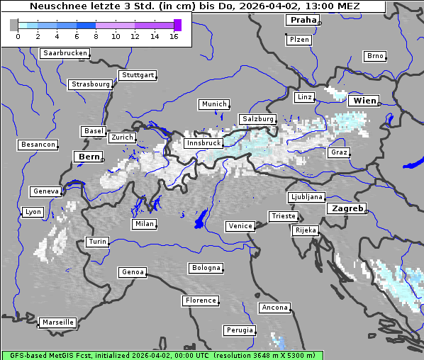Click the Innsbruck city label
click(x=203, y=143)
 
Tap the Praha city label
click(x=303, y=20)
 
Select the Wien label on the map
click(x=365, y=101)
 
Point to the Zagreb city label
click(x=347, y=208)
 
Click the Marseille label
click(x=57, y=322)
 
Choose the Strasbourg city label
click(x=91, y=84)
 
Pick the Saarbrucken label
click(x=65, y=53)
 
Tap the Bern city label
click(x=89, y=156)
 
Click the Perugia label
click(x=240, y=330)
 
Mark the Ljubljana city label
click(x=306, y=197)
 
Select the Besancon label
click(x=38, y=145)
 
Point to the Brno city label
click(x=375, y=56)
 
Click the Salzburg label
click(x=257, y=118)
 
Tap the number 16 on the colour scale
click(x=174, y=36)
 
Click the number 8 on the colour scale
click(x=96, y=36)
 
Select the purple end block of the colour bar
click(x=177, y=25)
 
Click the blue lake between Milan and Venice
click(x=201, y=219)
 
